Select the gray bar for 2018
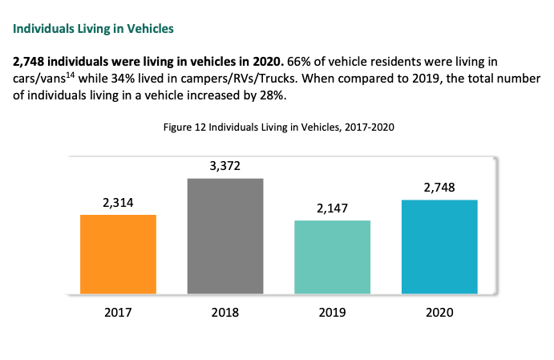click(x=225, y=236)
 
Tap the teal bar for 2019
click(x=332, y=257)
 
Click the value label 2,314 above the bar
click(x=118, y=204)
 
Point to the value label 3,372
click(x=225, y=166)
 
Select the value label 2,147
click(x=332, y=208)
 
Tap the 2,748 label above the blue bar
click(x=439, y=188)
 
